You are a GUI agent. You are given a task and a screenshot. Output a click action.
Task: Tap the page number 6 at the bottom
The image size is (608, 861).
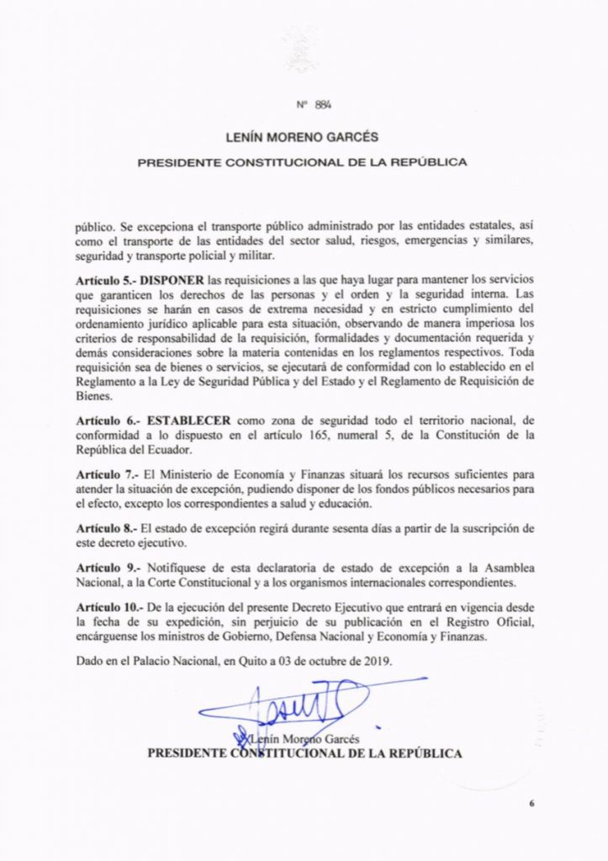tap(532, 804)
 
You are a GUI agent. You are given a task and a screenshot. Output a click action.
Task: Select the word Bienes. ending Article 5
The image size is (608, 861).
tap(93, 394)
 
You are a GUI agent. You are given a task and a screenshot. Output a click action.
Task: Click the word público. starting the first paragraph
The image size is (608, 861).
tap(93, 226)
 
